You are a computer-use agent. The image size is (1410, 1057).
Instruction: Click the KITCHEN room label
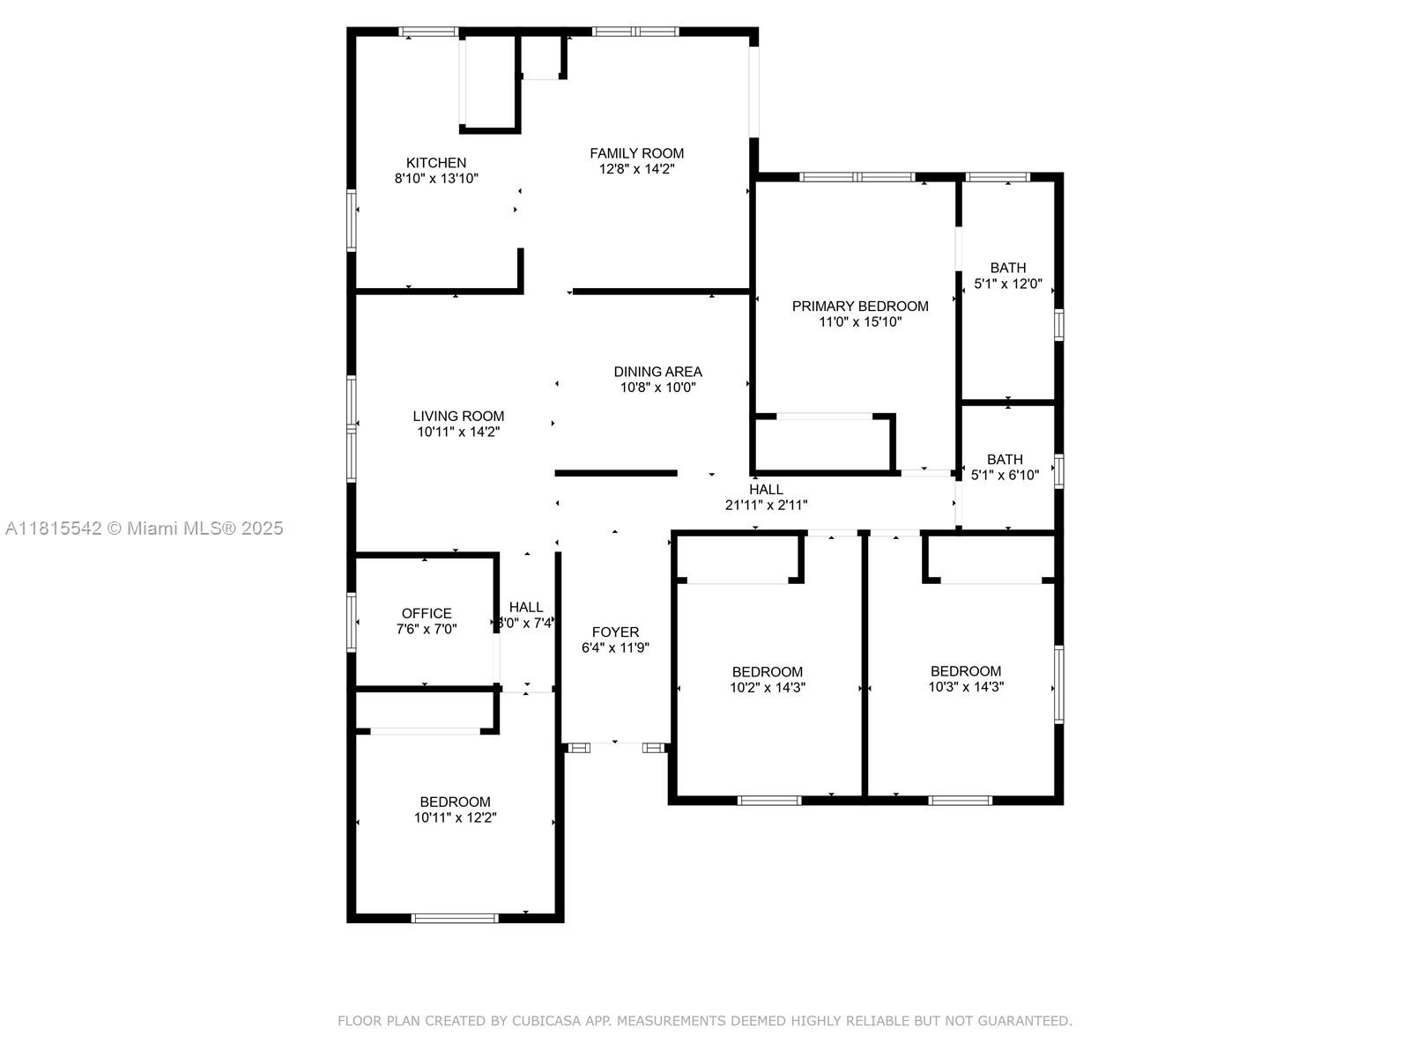coord(435,163)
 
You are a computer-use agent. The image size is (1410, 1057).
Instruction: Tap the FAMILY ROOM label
coord(636,153)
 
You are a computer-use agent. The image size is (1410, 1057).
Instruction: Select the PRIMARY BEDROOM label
coord(859,307)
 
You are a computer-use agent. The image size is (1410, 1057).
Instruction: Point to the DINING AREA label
coord(657,372)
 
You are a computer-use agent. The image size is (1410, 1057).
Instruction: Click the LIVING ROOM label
coord(458,416)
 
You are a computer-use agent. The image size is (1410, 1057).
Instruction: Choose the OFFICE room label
coord(427,614)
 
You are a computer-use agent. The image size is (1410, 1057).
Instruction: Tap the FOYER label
coord(615,632)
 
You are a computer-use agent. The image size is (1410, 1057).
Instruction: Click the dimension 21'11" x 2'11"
coord(766,505)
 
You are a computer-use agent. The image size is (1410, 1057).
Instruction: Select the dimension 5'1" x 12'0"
coord(1008,284)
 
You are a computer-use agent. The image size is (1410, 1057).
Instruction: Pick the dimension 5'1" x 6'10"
coord(1005,475)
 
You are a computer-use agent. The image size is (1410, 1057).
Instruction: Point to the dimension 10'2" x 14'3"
coord(767,687)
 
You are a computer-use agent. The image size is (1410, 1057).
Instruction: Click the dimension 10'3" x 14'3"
coord(966,687)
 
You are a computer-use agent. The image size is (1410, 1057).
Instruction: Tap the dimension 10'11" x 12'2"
coord(455,817)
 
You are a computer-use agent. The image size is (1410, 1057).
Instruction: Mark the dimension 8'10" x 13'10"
coord(436,179)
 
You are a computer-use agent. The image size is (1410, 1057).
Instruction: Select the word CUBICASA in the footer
coord(545,1021)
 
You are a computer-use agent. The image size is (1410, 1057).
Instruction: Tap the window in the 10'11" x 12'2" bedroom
coord(455,919)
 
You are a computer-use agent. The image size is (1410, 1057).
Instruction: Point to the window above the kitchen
coord(428,32)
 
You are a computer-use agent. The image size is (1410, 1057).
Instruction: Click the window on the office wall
coord(352,622)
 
